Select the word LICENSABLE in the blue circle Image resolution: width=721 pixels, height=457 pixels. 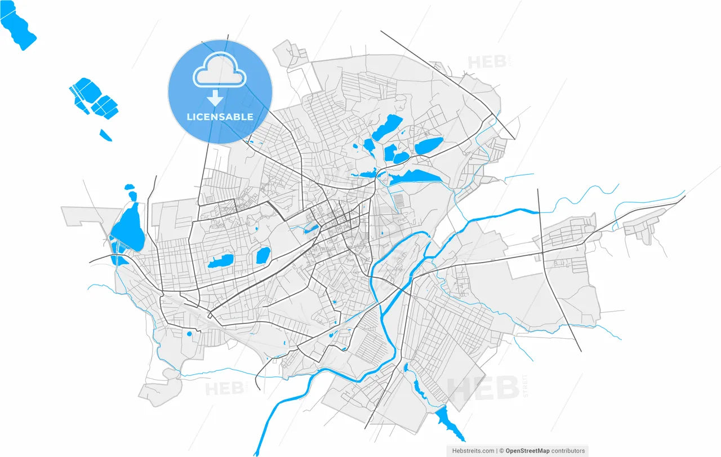coord(220,117)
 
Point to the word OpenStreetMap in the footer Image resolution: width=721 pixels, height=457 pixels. coord(529,451)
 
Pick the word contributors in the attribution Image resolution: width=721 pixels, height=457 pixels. coord(568,451)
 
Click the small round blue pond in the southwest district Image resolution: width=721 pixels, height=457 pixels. coord(189,334)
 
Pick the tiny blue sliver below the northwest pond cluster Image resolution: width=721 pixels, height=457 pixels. coord(106,135)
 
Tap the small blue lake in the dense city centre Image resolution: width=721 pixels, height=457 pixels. coord(311,228)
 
